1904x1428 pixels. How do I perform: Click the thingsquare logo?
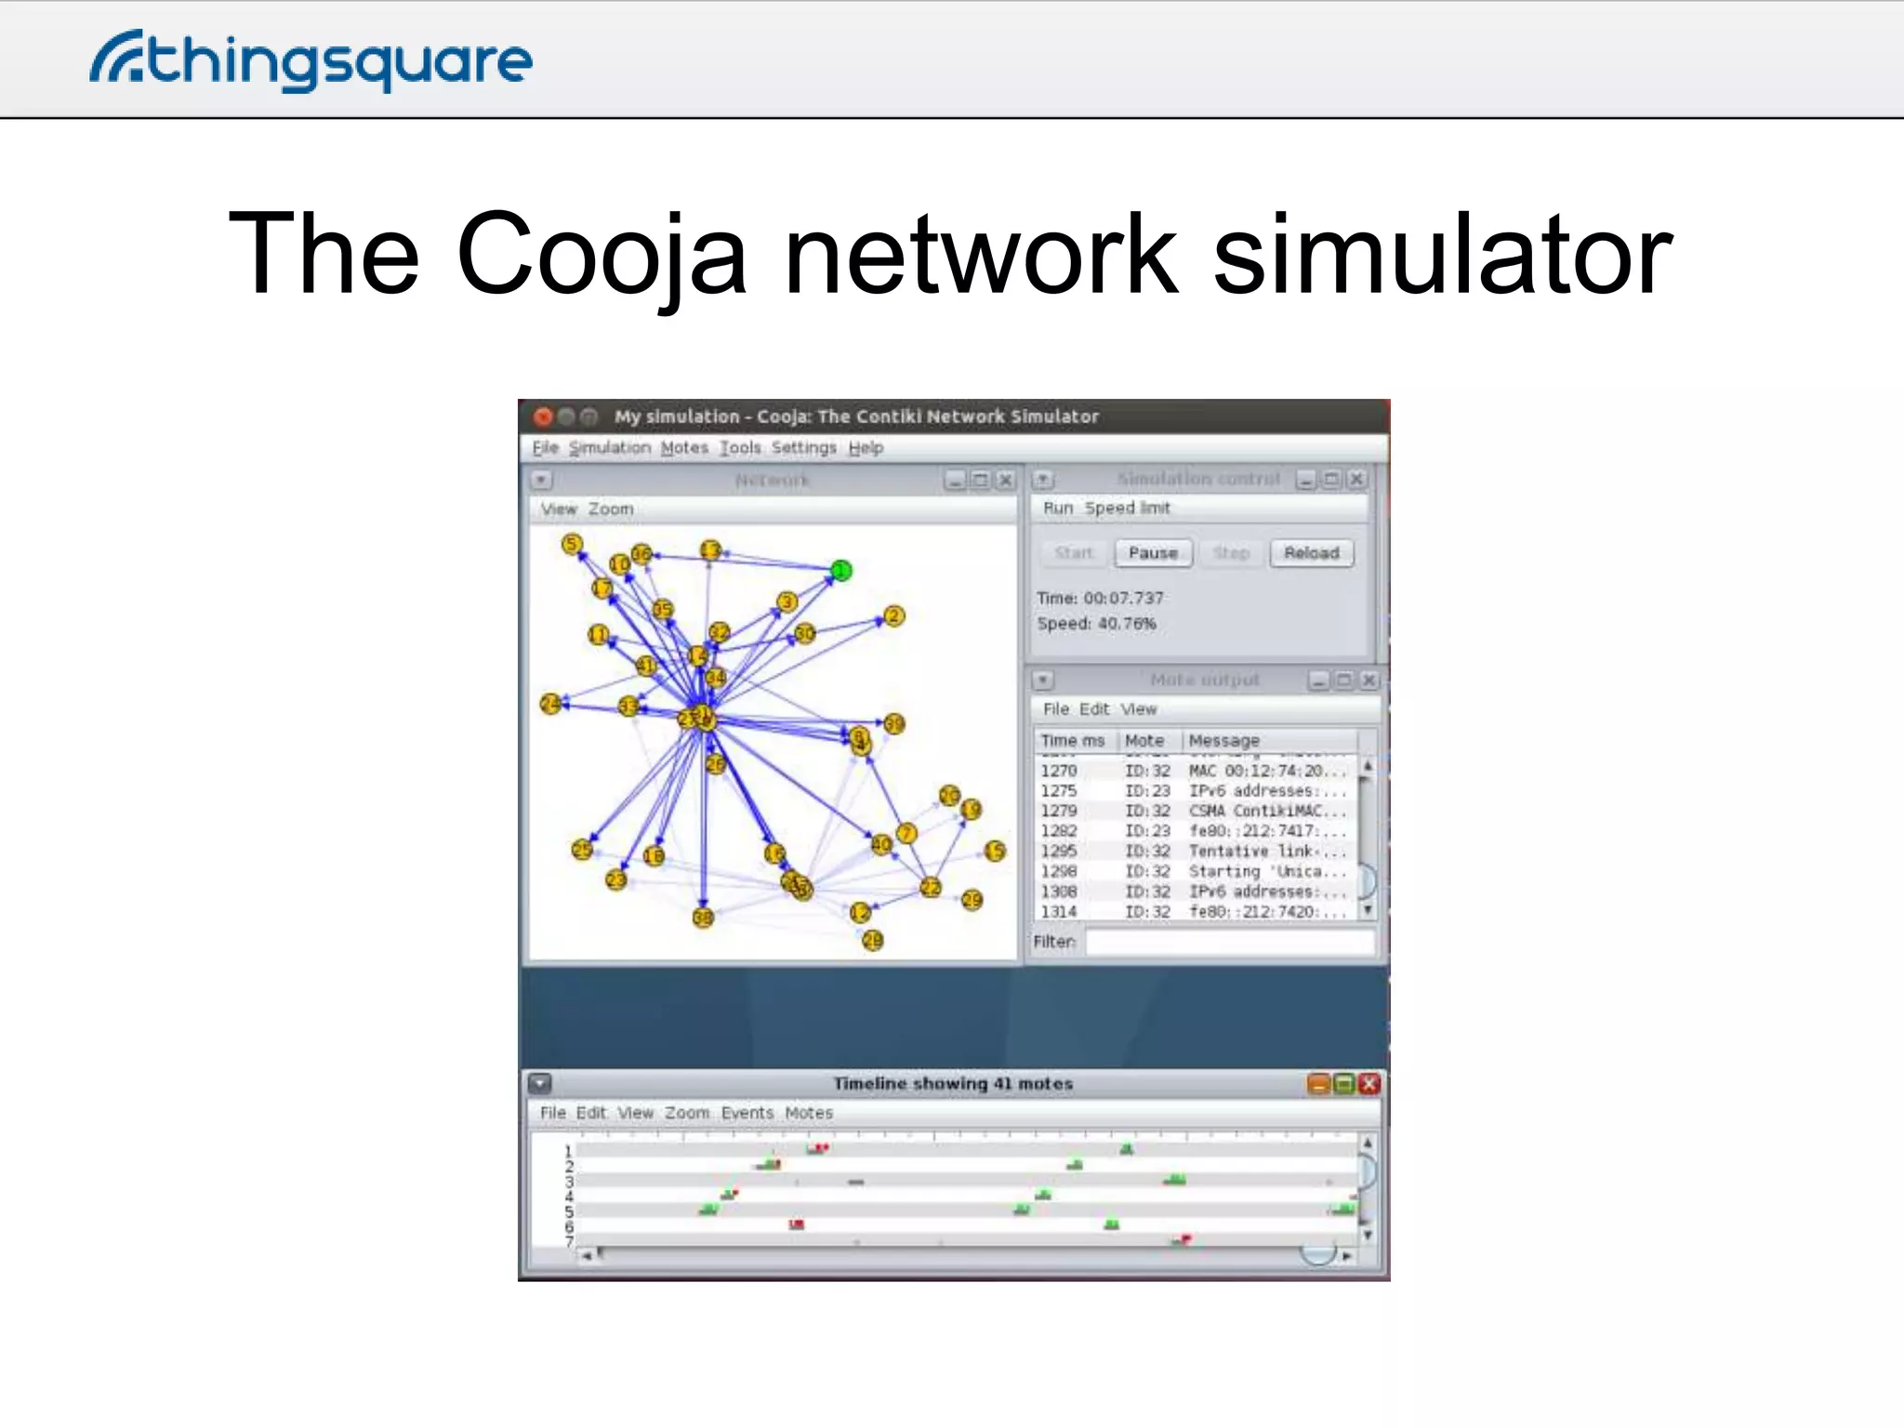pos(311,61)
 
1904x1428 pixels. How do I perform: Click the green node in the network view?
pos(840,570)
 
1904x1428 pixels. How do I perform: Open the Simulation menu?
pos(609,448)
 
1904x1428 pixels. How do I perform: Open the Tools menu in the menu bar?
pos(740,448)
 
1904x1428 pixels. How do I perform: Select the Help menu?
pos(865,448)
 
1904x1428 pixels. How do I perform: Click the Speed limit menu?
pos(1127,509)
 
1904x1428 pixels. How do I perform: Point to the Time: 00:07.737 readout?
pos(1100,598)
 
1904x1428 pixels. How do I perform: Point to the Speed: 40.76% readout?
pos(1096,624)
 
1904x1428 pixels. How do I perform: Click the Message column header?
pos(1223,741)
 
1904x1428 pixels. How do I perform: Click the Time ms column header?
pos(1072,741)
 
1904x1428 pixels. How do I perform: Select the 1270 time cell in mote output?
pos(1058,771)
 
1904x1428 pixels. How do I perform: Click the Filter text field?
pos(1229,942)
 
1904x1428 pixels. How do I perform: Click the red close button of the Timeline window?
pos(1368,1084)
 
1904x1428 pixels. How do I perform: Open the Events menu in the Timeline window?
pos(747,1113)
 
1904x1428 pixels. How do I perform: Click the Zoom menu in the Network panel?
pos(610,509)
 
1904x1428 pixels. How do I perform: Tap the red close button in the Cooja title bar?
pos(544,416)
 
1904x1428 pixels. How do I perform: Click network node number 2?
pos(893,615)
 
